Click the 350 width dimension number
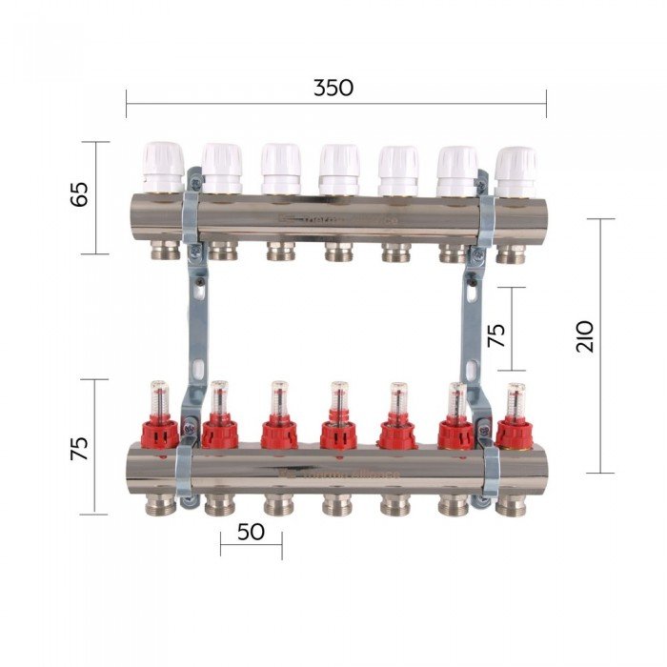333,88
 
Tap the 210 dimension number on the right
585,336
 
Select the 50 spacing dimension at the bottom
251,532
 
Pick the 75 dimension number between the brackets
496,335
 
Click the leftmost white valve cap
163,167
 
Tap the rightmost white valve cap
515,170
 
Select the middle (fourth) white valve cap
339,168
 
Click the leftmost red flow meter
160,419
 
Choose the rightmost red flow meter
515,421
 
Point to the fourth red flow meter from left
338,420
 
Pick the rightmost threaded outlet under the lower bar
511,506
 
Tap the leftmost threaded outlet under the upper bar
164,252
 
